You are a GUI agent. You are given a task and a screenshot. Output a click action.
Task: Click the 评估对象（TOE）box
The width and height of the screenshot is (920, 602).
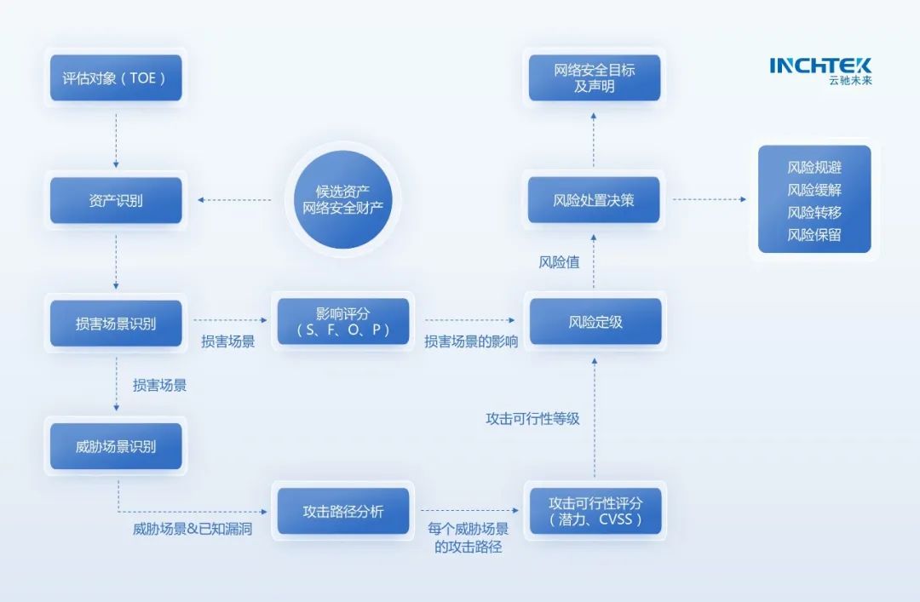tap(116, 78)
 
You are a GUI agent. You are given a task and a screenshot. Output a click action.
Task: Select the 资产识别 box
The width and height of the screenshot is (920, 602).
tap(116, 201)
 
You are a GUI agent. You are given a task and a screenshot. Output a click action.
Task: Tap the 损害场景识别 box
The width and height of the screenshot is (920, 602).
tap(116, 324)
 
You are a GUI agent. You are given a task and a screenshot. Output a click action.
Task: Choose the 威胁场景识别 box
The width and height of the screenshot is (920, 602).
tap(116, 446)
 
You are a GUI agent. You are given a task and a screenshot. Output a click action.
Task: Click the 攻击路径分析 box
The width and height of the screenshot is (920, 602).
tap(343, 511)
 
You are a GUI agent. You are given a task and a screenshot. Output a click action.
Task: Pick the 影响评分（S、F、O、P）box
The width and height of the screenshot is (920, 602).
tap(343, 321)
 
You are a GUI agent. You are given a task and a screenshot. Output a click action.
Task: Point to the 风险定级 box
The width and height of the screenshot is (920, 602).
tap(595, 322)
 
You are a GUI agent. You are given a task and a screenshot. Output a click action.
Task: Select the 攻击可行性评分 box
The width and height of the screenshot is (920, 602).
tap(595, 511)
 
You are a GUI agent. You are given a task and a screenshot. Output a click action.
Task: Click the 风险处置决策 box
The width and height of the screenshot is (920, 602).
tap(594, 200)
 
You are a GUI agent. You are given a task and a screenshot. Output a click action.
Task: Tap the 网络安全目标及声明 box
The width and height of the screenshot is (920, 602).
tap(594, 77)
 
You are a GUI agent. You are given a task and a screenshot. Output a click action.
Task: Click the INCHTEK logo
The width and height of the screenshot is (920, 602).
tap(820, 70)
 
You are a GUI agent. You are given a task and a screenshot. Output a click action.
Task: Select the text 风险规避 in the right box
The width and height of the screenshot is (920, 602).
tap(814, 168)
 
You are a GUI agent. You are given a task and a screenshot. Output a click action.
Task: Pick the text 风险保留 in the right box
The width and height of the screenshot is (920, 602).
tap(814, 235)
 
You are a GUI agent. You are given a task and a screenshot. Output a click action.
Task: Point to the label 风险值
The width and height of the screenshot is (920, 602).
tap(559, 262)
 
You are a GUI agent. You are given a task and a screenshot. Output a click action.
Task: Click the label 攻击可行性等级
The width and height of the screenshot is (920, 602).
tap(532, 419)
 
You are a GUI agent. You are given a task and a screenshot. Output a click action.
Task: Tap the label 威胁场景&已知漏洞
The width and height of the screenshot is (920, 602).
tap(193, 530)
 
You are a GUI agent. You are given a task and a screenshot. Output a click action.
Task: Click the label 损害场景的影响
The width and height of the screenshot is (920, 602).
tap(471, 342)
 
